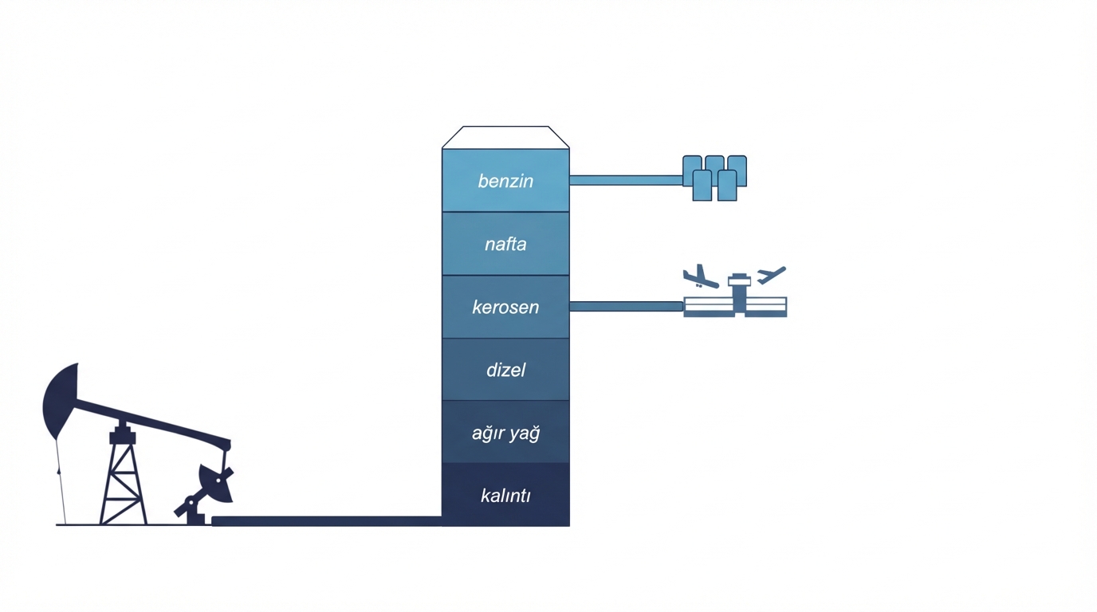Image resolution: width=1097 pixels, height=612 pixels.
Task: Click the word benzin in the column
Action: pyautogui.click(x=505, y=181)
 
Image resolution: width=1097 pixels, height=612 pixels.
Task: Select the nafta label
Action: pyautogui.click(x=505, y=244)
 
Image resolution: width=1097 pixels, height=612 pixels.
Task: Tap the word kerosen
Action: pyautogui.click(x=505, y=307)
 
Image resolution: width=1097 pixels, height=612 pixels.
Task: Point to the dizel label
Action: pyautogui.click(x=505, y=370)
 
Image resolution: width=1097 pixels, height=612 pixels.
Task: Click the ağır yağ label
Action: pyautogui.click(x=505, y=433)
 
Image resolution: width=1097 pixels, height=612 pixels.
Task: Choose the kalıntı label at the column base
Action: pyautogui.click(x=505, y=496)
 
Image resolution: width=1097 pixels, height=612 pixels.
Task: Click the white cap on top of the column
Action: pyautogui.click(x=505, y=137)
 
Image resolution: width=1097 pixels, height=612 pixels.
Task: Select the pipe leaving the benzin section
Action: pyautogui.click(x=626, y=180)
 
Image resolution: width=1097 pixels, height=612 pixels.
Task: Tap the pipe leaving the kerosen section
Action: pyautogui.click(x=626, y=306)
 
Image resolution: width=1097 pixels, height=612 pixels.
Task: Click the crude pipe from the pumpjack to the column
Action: pyautogui.click(x=327, y=521)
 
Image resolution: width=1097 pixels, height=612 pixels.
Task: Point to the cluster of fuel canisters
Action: pyautogui.click(x=714, y=177)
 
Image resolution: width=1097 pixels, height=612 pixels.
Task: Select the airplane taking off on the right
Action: pyautogui.click(x=771, y=276)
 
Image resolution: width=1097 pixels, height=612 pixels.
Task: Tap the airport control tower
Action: pyautogui.click(x=739, y=291)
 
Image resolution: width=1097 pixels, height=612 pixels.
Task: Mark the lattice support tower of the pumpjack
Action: pyautogui.click(x=123, y=482)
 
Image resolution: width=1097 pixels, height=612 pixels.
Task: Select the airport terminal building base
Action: pyautogui.click(x=735, y=308)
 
